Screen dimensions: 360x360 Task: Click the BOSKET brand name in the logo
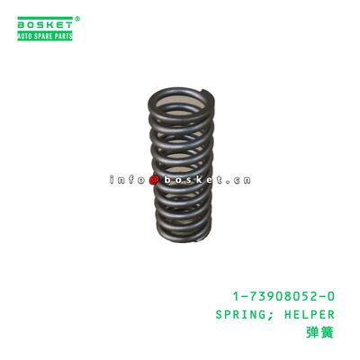point(44,23)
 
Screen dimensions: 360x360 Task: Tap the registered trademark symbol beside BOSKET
point(77,17)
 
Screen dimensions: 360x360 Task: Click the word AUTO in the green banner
point(27,35)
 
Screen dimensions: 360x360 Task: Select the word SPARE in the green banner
point(45,35)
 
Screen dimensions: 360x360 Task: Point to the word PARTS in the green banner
point(63,35)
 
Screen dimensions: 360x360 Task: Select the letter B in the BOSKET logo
point(21,23)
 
